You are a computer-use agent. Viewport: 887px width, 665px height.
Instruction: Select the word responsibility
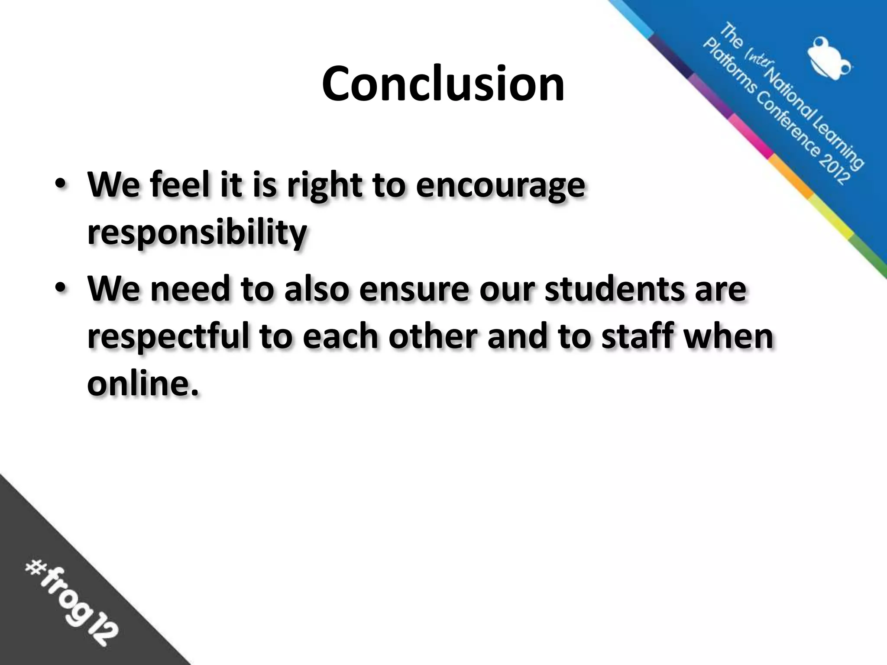click(x=197, y=233)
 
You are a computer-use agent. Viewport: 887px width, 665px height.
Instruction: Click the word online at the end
click(x=143, y=383)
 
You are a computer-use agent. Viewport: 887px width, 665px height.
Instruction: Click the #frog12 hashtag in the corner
click(x=71, y=602)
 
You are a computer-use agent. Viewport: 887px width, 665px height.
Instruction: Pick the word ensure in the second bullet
click(x=414, y=289)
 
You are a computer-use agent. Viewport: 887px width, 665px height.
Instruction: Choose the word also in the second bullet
click(x=316, y=289)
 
